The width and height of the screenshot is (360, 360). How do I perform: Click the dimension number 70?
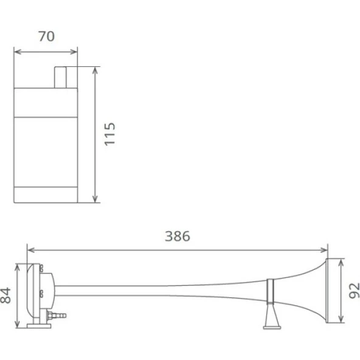pyautogui.click(x=47, y=36)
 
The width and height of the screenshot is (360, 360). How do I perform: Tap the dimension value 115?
pyautogui.click(x=109, y=134)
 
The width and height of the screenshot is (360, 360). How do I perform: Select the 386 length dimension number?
pyautogui.click(x=178, y=236)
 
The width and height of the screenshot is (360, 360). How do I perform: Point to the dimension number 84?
pyautogui.click(x=5, y=296)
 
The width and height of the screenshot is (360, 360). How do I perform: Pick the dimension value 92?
pyautogui.click(x=355, y=291)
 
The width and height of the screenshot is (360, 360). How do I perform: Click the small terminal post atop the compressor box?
pyautogui.click(x=60, y=77)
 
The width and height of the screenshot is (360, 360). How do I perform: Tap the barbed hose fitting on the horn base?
pyautogui.click(x=57, y=315)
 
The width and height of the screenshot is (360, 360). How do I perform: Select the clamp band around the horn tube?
pyautogui.click(x=270, y=291)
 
